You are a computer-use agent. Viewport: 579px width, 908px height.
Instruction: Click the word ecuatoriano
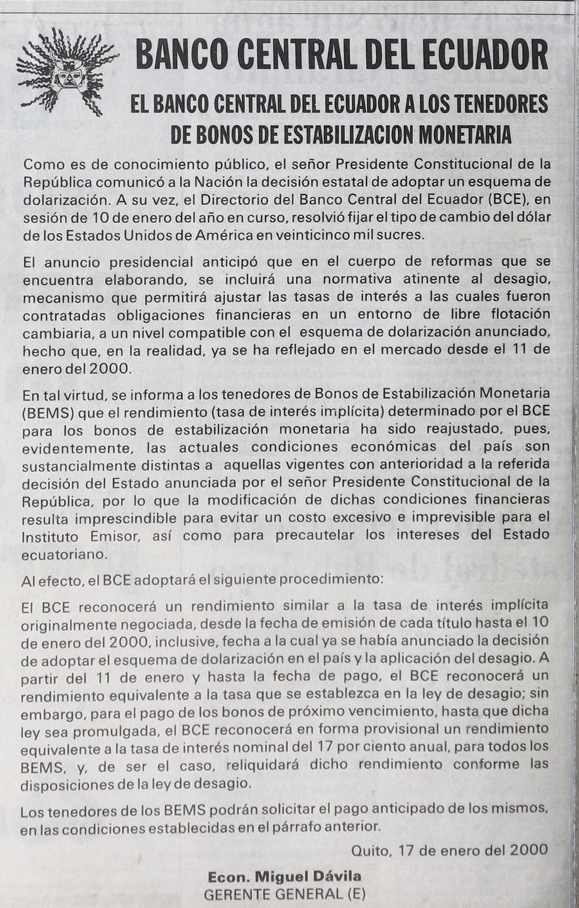tap(64, 552)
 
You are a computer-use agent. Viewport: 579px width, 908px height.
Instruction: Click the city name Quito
tap(371, 850)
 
